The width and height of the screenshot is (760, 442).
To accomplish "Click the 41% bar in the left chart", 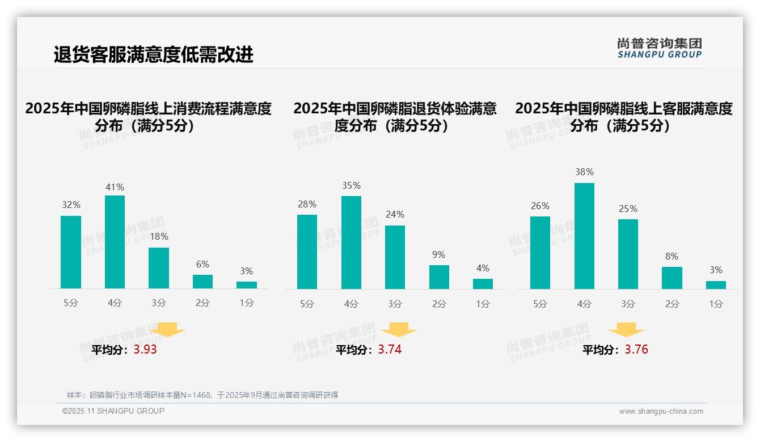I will [x=115, y=242].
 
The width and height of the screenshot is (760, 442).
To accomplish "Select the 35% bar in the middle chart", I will [x=351, y=243].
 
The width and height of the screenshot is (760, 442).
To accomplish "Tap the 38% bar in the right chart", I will [x=584, y=236].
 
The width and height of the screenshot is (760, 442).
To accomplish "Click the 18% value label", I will [x=159, y=237].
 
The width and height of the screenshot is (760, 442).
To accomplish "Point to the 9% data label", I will [x=438, y=255].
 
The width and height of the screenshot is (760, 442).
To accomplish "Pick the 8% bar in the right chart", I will [x=672, y=278].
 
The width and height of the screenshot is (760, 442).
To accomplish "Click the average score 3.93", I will [x=145, y=350].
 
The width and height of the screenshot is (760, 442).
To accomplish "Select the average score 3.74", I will [x=390, y=350].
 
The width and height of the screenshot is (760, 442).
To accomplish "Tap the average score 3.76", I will [x=636, y=350].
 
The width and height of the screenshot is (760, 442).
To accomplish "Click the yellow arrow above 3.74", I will [x=399, y=330].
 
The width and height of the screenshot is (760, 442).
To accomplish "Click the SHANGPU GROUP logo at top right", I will [x=659, y=48].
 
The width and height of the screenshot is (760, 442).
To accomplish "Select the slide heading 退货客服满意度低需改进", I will [x=153, y=54].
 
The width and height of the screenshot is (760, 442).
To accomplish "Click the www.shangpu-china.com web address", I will [x=661, y=411].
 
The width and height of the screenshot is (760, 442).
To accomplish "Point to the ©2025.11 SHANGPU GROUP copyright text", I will [x=113, y=411].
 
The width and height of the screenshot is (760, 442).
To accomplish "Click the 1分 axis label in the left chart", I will [x=247, y=303].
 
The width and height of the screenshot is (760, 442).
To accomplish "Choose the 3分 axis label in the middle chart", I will [x=395, y=304].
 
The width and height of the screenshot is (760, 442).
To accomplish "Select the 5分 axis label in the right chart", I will [x=540, y=304].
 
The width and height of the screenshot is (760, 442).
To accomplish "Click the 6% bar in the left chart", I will [x=202, y=282].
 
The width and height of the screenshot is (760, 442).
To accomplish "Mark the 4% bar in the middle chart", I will [x=483, y=284].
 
